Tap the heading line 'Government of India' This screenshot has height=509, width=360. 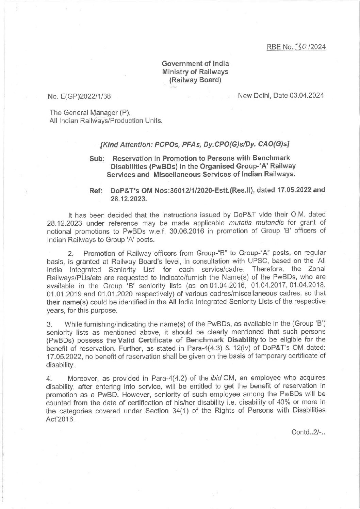click(195, 63)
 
